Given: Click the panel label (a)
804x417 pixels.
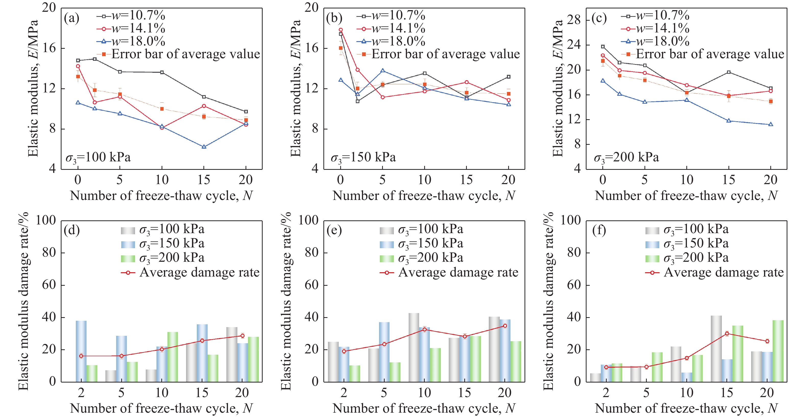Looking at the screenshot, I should click(x=71, y=18).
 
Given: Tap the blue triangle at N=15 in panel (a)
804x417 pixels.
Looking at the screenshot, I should click(x=204, y=147).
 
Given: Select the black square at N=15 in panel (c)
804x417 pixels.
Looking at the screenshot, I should click(x=729, y=72).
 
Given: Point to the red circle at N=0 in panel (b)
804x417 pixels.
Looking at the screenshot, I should click(x=340, y=30).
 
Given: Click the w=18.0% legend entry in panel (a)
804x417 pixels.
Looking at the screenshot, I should click(x=131, y=41).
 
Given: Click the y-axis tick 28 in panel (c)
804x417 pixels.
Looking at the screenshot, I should click(x=573, y=20).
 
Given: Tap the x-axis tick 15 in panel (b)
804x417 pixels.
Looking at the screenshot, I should click(x=466, y=180).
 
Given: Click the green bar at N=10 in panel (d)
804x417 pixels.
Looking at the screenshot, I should click(x=173, y=356).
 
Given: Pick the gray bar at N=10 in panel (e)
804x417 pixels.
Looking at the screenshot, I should click(x=414, y=347).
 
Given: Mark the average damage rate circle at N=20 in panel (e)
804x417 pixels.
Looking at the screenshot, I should click(x=505, y=326).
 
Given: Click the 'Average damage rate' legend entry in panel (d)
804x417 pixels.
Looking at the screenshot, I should click(x=190, y=272).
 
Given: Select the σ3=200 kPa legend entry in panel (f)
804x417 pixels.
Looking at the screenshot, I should click(x=687, y=258).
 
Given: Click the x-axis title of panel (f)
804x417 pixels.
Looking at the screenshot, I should click(x=686, y=408).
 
